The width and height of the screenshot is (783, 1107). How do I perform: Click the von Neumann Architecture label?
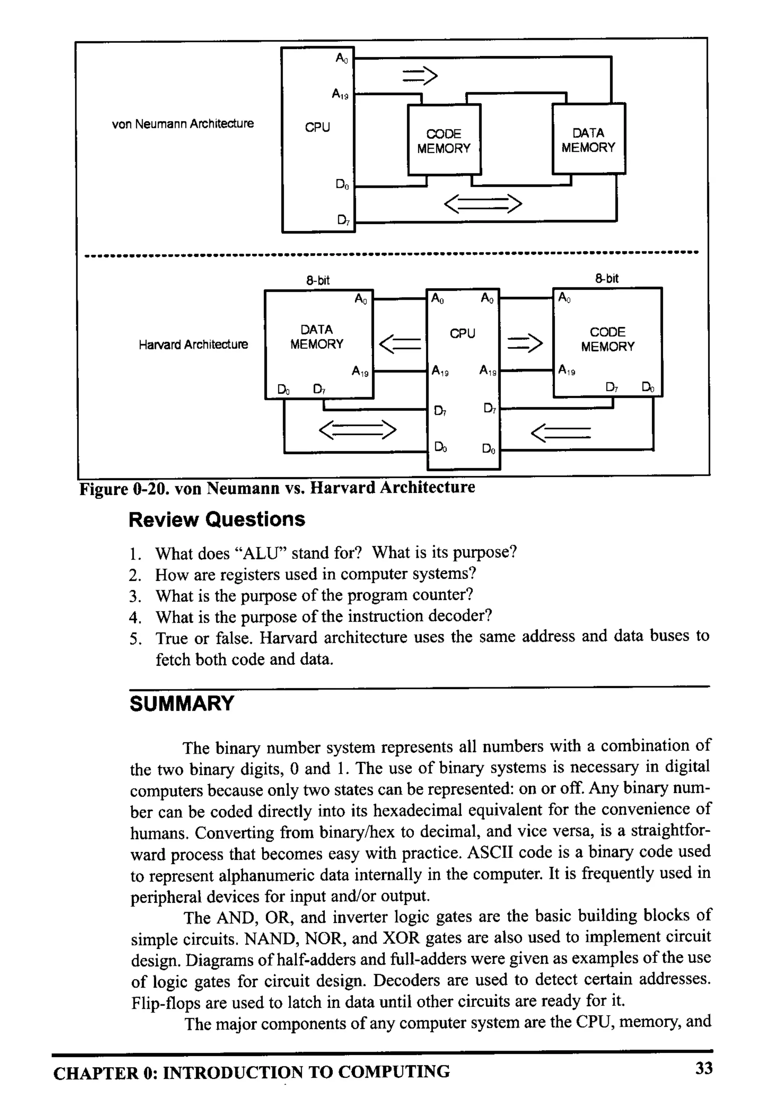pyautogui.click(x=182, y=124)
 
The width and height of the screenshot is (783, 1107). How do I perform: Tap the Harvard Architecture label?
pyautogui.click(x=193, y=345)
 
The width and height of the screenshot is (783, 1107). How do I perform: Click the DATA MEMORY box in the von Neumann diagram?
pyautogui.click(x=588, y=140)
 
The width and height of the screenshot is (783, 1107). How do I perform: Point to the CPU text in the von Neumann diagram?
pyautogui.click(x=317, y=127)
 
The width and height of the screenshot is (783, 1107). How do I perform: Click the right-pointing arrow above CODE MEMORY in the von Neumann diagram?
pyautogui.click(x=420, y=75)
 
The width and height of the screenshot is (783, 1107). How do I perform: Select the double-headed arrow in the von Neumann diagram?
pyautogui.click(x=482, y=204)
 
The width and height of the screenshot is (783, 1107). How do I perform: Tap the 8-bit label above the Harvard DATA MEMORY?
pyautogui.click(x=318, y=280)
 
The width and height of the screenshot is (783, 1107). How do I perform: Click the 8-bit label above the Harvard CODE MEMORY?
pyautogui.click(x=606, y=279)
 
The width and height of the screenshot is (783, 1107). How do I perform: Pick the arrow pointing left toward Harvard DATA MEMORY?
pyautogui.click(x=400, y=344)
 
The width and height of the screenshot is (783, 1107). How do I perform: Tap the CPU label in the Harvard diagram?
pyautogui.click(x=462, y=334)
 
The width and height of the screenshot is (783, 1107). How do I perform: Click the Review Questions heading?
pyautogui.click(x=217, y=520)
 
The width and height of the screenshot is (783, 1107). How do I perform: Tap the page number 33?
pyautogui.click(x=703, y=1068)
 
